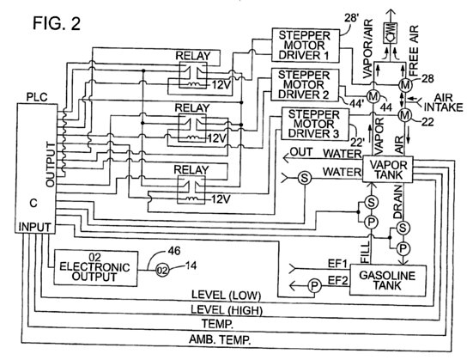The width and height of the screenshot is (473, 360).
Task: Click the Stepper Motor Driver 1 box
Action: tap(306, 46)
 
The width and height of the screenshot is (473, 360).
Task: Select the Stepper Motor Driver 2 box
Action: tap(305, 84)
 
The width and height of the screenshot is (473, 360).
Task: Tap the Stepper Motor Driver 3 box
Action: tap(315, 124)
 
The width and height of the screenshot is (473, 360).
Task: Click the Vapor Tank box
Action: tap(387, 169)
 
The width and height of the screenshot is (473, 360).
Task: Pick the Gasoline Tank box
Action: tap(388, 281)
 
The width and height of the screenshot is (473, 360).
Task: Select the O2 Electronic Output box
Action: tap(95, 268)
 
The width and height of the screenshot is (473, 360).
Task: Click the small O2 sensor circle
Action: tap(162, 271)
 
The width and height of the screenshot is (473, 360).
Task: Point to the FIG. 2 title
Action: tap(57, 23)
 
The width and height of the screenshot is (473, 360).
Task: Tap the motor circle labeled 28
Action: tap(405, 85)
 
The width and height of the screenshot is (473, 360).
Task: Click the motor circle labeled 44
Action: tap(373, 97)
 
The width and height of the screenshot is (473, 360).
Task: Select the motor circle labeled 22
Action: tap(405, 115)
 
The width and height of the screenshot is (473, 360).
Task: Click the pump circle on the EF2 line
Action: tap(314, 285)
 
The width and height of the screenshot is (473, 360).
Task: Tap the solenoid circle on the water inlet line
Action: tap(304, 178)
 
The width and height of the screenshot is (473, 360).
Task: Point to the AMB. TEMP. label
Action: tap(220, 340)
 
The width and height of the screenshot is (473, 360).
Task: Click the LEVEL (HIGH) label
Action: tap(227, 310)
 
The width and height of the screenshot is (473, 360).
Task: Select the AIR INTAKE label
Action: tap(443, 103)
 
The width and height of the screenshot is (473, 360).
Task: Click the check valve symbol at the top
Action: tap(391, 37)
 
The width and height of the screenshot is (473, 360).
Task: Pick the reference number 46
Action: tap(173, 251)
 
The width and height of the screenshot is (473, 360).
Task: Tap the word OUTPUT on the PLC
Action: tap(51, 164)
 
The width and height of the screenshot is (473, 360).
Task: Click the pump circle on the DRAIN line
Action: tap(403, 249)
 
